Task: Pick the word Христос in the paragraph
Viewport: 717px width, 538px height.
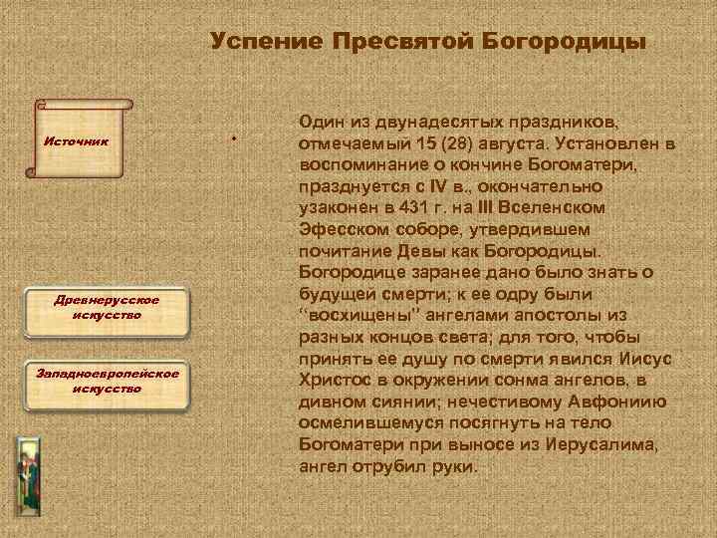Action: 334,380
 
